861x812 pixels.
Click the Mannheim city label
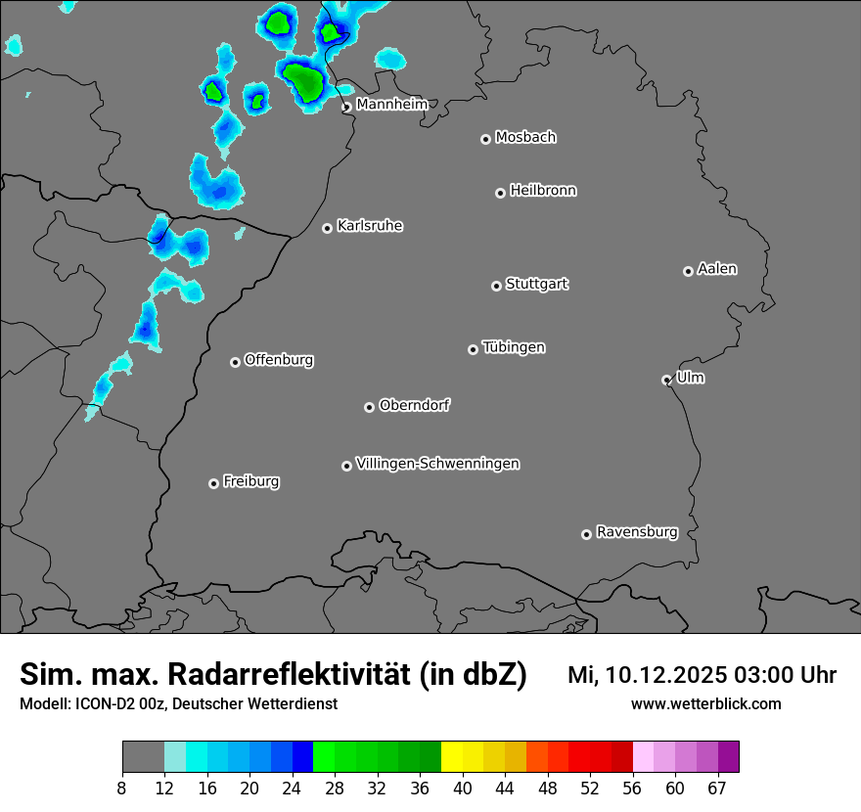click(391, 104)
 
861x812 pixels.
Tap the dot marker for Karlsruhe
click(327, 229)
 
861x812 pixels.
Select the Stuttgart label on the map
click(536, 284)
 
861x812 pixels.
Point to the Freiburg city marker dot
click(213, 483)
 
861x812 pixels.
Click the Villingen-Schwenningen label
click(437, 464)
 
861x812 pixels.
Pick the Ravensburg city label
click(636, 532)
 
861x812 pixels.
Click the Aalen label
click(717, 269)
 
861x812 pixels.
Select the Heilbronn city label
click(543, 191)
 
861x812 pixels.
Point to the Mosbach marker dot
click(485, 139)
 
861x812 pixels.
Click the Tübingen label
click(514, 347)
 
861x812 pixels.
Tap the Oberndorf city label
click(414, 405)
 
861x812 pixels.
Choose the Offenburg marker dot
click(235, 362)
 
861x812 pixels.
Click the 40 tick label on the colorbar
click(463, 789)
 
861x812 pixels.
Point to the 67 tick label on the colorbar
click(717, 789)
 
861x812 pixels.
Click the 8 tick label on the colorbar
click(121, 789)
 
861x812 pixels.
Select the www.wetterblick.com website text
click(705, 703)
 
